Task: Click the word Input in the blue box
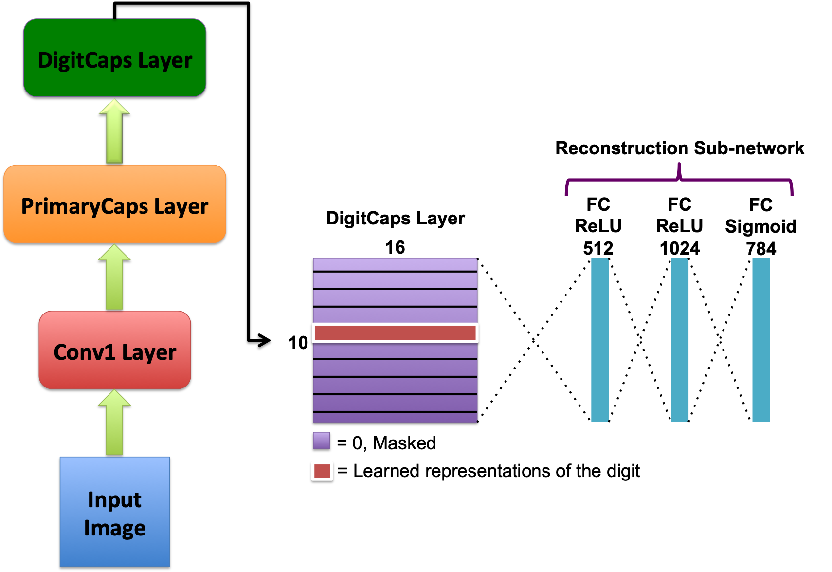pyautogui.click(x=114, y=500)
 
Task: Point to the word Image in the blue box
pyautogui.click(x=114, y=528)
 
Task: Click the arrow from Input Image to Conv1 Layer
pyautogui.click(x=114, y=424)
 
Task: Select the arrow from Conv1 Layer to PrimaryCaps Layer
pyautogui.click(x=114, y=277)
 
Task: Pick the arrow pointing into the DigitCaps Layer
pyautogui.click(x=114, y=131)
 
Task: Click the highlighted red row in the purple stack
pyautogui.click(x=395, y=333)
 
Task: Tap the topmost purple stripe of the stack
pyautogui.click(x=395, y=264)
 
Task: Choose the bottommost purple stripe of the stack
pyautogui.click(x=395, y=418)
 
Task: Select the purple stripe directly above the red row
pyautogui.click(x=395, y=314)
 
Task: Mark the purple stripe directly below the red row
pyautogui.click(x=395, y=351)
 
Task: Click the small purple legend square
pyautogui.click(x=321, y=440)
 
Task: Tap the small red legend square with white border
pyautogui.click(x=322, y=471)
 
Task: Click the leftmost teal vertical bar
pyautogui.click(x=599, y=340)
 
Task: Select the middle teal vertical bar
pyautogui.click(x=679, y=340)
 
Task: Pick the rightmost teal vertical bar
pyautogui.click(x=761, y=340)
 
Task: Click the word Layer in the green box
pyautogui.click(x=165, y=61)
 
